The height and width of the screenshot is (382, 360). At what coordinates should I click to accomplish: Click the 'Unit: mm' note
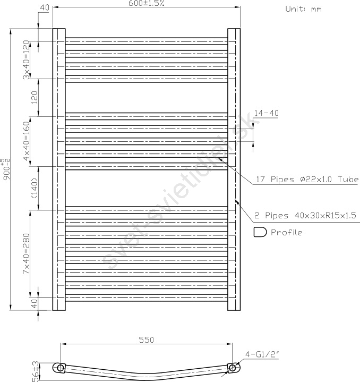coord(303,9)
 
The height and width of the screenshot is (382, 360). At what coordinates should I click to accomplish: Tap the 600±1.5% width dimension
coord(147,3)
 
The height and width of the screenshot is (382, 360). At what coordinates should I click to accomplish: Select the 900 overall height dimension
coord(6,169)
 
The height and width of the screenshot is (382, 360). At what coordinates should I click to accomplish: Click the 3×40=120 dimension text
coord(26,60)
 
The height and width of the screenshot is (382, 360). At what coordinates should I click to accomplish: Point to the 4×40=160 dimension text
coord(26,141)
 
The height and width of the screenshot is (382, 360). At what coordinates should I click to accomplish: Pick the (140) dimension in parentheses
coord(35,188)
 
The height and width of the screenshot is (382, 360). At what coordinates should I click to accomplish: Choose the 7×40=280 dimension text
coord(26,253)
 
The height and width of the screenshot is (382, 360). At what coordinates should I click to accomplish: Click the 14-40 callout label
coord(267,113)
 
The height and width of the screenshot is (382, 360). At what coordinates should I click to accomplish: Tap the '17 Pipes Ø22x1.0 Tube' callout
coord(307,180)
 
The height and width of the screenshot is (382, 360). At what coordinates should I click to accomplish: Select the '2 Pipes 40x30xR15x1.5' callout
coord(305,216)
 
